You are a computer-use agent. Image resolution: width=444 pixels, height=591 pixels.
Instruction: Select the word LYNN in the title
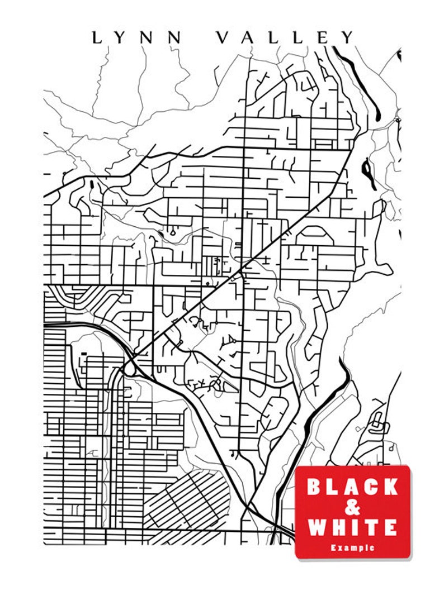pos(137,38)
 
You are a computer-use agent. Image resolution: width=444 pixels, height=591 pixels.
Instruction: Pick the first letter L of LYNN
pos(97,38)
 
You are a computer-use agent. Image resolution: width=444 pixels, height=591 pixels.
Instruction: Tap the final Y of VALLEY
pos(348,38)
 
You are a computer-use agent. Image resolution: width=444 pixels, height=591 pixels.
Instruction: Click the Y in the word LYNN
pos(122,38)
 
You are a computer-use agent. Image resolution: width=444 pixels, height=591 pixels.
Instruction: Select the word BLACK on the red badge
pos(352,487)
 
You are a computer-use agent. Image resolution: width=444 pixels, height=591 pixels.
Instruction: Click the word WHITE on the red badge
pos(352,527)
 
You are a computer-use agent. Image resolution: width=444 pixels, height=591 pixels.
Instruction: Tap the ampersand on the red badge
pos(352,507)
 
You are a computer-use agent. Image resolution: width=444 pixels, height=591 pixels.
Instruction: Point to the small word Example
pos(352,548)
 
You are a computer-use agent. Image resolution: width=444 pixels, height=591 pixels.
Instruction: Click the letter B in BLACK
pos(315,487)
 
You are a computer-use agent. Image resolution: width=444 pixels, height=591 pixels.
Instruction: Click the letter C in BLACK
pos(371,487)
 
